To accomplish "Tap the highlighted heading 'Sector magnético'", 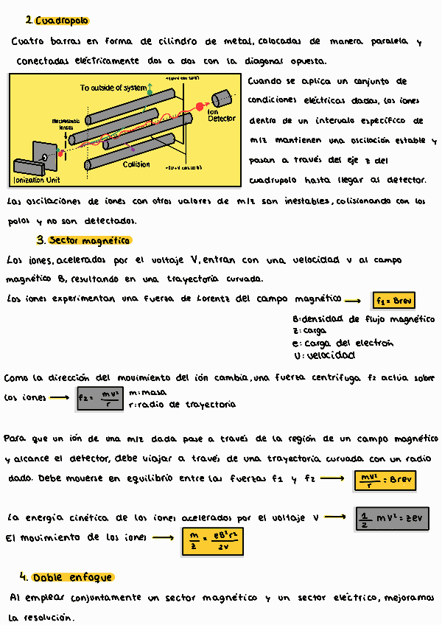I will [x=90, y=240].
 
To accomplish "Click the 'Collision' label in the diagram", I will [x=136, y=164].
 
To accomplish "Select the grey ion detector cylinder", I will [x=221, y=99].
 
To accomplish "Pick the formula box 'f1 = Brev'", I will [x=394, y=301].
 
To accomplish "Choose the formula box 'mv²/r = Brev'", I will [x=385, y=479].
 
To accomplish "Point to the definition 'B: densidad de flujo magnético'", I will [x=363, y=319].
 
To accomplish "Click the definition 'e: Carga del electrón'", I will [x=343, y=343].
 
